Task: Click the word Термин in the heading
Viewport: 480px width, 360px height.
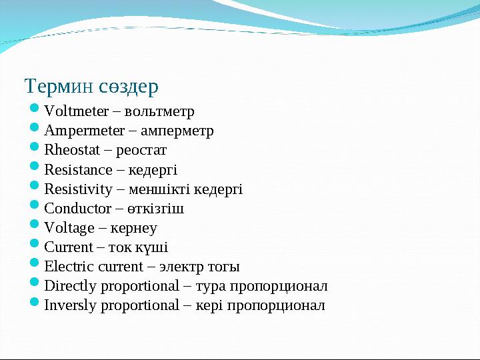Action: (59, 87)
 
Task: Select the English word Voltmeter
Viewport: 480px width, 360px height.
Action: (73, 111)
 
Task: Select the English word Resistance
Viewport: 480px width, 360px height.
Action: (78, 169)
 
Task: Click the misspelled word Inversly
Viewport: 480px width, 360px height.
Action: (69, 305)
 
